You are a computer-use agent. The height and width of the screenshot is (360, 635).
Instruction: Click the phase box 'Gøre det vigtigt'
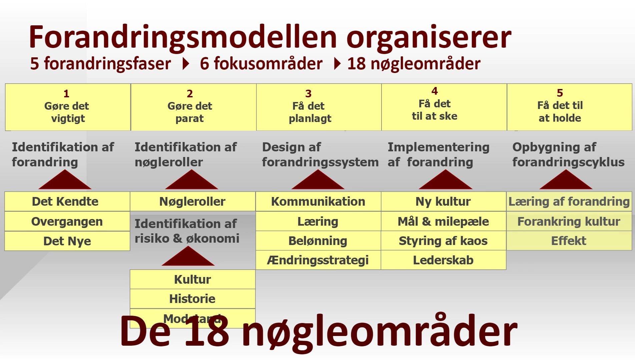(x=68, y=107)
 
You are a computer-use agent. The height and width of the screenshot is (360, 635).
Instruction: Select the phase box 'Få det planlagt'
(x=319, y=107)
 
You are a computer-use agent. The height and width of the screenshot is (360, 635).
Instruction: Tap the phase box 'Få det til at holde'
(x=569, y=107)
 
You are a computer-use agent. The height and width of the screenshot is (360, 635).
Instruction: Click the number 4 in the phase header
(x=435, y=91)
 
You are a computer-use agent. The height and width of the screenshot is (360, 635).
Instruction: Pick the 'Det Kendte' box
(x=67, y=201)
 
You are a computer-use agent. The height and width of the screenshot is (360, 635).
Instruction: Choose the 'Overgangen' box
(x=67, y=221)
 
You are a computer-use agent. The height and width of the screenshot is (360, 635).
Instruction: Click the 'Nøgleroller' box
(x=192, y=201)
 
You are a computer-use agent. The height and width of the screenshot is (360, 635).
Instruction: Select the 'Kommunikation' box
(x=318, y=201)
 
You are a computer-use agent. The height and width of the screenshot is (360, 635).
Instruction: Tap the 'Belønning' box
(x=318, y=241)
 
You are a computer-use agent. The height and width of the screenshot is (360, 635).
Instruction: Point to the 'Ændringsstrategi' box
(x=318, y=260)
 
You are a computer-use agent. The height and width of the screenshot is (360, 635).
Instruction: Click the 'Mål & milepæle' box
(x=443, y=221)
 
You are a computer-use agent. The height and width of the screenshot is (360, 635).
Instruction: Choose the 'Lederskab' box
(x=443, y=260)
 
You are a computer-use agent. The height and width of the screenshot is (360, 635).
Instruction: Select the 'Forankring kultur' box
(x=569, y=221)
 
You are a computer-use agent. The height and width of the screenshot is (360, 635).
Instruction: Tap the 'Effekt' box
(x=569, y=241)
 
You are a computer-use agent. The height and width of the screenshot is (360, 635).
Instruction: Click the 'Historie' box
(x=192, y=299)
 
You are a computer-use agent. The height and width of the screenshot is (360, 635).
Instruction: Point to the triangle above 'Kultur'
(x=188, y=257)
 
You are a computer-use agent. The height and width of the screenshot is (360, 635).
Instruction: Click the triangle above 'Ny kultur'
(x=445, y=181)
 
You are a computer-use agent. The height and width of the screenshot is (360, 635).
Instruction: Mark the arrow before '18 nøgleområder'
(x=337, y=64)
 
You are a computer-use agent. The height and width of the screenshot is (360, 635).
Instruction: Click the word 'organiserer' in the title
(x=429, y=37)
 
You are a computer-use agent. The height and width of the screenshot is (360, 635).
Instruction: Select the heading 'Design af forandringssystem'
(x=320, y=154)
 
